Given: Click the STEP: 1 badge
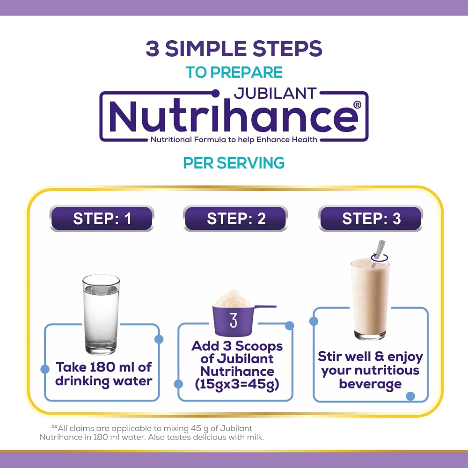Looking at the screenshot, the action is click(102, 218).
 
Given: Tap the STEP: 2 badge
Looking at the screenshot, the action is click(235, 218).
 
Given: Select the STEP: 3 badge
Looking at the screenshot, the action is click(371, 218).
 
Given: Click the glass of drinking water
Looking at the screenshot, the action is click(101, 314).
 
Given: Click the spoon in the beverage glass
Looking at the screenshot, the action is click(378, 254).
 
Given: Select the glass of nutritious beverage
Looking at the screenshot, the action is click(370, 299).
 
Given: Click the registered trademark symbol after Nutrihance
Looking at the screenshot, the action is click(357, 105).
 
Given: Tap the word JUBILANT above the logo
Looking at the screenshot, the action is click(275, 93).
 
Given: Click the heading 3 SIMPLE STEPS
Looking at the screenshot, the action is click(234, 48).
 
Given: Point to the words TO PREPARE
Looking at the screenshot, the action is click(234, 72).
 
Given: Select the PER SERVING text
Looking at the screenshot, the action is click(234, 163).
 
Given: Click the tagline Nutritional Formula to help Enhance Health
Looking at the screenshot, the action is click(234, 139).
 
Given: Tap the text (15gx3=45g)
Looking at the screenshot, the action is click(237, 384).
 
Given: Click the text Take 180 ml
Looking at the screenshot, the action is click(97, 367).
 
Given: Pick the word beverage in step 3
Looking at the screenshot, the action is click(370, 384).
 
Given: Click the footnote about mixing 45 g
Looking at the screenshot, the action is click(152, 433).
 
